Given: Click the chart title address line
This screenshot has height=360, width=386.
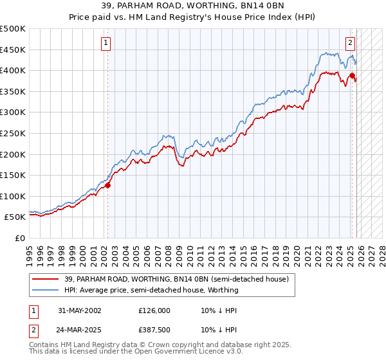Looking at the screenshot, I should tap(193, 6).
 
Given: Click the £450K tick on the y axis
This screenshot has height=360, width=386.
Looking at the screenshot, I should tap(13, 50).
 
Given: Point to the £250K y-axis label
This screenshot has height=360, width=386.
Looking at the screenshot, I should tap(13, 133).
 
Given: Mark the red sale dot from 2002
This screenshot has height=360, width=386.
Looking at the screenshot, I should tap(107, 186).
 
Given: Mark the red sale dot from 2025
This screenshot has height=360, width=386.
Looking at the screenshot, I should tap(352, 76).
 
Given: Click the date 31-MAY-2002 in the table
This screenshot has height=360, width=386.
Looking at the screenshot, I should tap(78, 310).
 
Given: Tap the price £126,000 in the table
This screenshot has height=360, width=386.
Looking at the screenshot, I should tap(154, 310).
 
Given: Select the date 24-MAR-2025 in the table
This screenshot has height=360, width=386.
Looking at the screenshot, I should tap(78, 330).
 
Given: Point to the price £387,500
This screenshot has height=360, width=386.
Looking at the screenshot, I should tap(154, 330).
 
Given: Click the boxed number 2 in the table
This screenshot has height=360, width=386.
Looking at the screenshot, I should tap(33, 330).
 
